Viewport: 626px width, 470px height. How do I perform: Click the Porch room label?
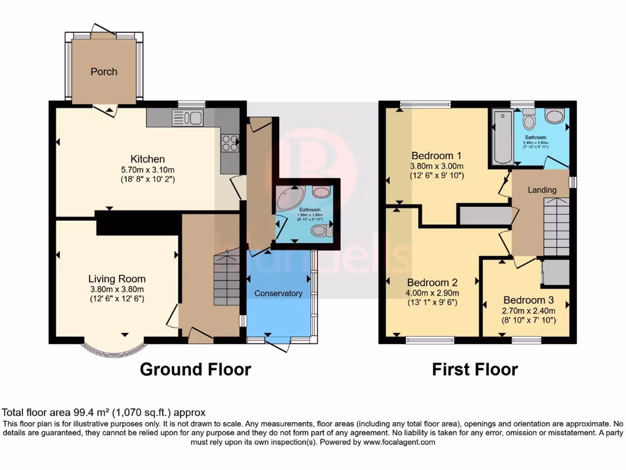104,72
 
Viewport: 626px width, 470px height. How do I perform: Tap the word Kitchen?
142,159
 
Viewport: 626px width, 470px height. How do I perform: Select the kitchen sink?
191,117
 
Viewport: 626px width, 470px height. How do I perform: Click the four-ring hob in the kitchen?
230,143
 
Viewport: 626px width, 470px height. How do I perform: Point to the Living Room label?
117,279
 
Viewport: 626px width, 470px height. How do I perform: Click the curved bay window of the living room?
114,351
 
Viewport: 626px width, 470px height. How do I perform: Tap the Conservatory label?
279,293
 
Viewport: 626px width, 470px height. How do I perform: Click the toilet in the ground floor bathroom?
320,231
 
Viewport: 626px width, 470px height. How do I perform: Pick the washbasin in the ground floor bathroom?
320,192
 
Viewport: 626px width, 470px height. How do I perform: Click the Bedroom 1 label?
436,155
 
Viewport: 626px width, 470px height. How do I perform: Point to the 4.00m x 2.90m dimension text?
432,293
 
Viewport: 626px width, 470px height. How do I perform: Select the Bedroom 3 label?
528,300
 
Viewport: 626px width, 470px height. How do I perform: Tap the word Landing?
542,190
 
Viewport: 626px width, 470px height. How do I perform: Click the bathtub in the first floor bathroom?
503,137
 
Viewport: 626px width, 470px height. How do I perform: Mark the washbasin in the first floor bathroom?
555,116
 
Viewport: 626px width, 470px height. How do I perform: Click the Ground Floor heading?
195,369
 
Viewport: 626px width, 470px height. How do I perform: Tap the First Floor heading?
474,369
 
